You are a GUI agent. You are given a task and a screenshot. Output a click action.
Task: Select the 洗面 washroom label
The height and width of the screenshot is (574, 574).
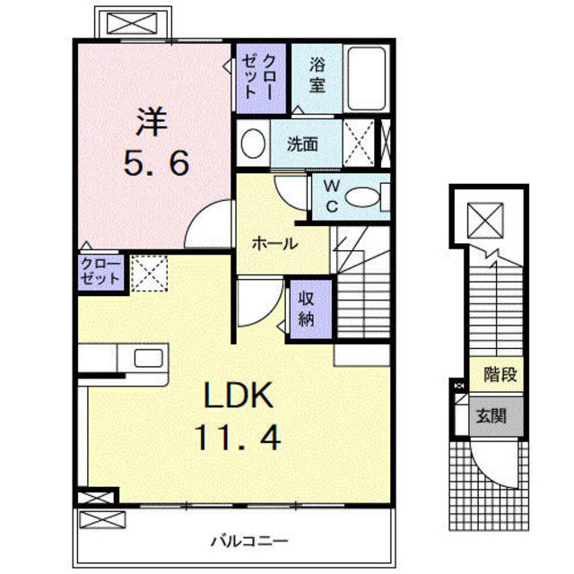coord(300,143)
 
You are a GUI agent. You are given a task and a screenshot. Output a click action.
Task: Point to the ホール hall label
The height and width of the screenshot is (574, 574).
coord(274,242)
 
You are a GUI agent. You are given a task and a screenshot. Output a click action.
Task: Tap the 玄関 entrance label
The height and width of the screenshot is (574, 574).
coord(491,415)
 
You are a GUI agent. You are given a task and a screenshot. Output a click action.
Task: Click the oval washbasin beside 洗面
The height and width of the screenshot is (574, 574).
coord(254,143)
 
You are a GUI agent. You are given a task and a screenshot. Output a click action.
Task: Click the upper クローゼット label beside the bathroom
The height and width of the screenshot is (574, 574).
coord(262,77)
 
